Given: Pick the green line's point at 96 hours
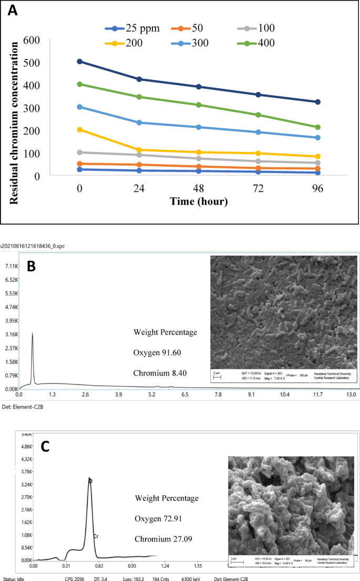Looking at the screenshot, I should pyautogui.click(x=317, y=127).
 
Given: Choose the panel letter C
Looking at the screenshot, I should pyautogui.click(x=46, y=446).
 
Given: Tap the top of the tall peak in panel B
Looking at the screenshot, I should pyautogui.click(x=33, y=333).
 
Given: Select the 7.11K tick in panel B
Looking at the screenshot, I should pyautogui.click(x=10, y=266).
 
